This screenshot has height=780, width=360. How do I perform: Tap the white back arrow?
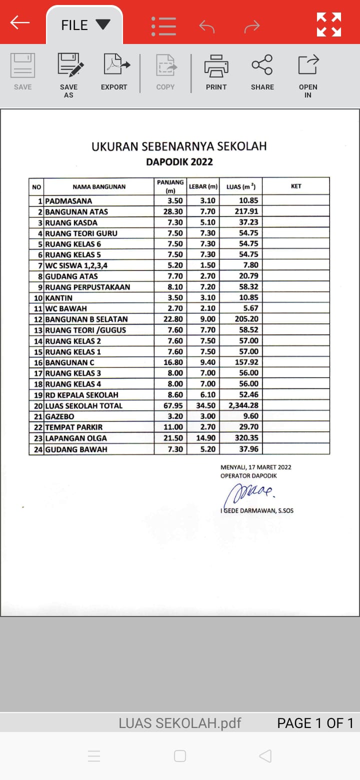[x=20, y=22]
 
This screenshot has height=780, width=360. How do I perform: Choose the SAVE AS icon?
[x=69, y=72]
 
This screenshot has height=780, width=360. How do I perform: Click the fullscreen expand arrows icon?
[x=329, y=24]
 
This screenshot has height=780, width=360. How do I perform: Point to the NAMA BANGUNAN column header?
[x=99, y=187]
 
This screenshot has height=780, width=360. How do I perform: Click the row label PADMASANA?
[x=68, y=201]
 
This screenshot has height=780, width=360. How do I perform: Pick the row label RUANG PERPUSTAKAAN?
[x=87, y=287]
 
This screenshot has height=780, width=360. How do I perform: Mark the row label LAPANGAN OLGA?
[x=76, y=438]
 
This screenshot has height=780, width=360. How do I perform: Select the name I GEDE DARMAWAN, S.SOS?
[x=256, y=511]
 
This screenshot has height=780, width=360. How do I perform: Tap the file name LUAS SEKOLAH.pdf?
[x=179, y=723]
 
